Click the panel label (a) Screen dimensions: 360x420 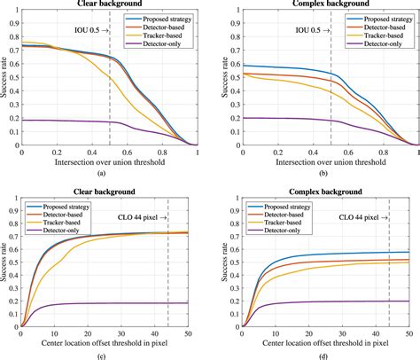coord(110,173)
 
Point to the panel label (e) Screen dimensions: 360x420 coord(110,354)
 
